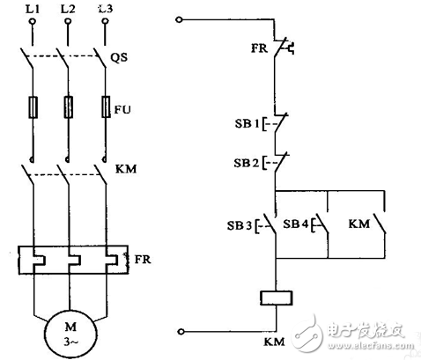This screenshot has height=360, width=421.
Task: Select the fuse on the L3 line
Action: (106, 109)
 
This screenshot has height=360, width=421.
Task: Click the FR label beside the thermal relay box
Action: (143, 260)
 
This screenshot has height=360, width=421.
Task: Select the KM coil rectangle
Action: (277, 298)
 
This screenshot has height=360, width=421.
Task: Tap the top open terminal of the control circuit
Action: (180, 19)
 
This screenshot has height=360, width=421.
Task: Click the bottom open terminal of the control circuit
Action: (180, 331)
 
